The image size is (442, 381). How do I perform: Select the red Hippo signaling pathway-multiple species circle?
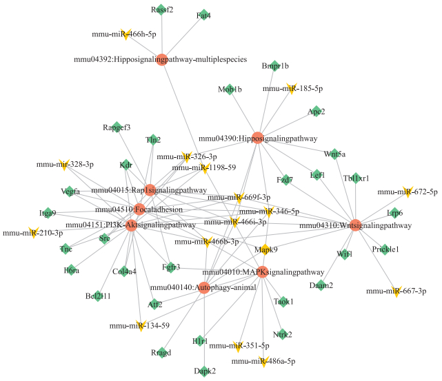(x=162, y=60)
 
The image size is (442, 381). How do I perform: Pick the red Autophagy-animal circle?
(x=203, y=287)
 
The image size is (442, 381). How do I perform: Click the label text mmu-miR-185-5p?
(x=292, y=88)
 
